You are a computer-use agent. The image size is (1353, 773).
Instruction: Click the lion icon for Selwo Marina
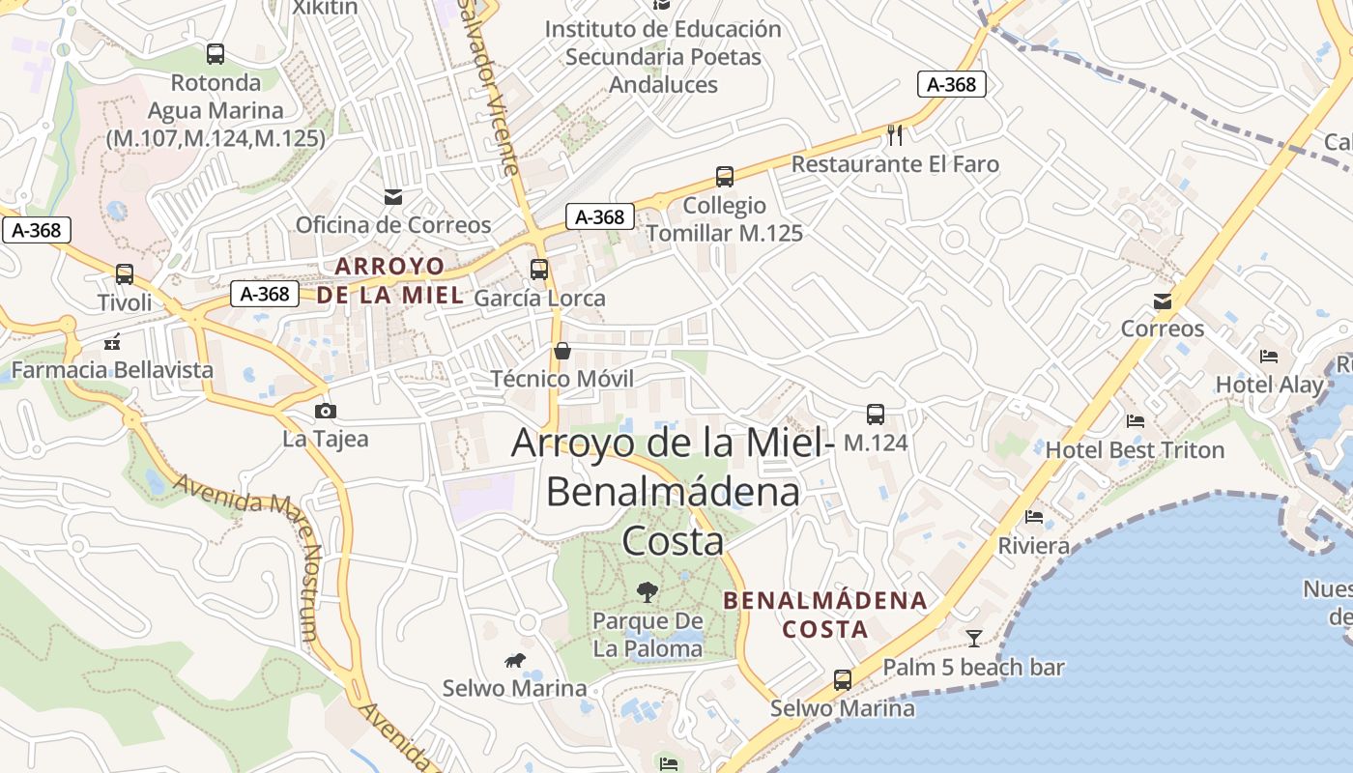[515, 661]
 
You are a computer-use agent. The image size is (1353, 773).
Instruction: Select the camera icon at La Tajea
[326, 411]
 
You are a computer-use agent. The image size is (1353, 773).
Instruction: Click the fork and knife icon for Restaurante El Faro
[895, 134]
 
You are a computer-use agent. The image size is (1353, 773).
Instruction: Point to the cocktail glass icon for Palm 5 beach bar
[974, 638]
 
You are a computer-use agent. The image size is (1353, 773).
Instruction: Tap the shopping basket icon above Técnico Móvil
[561, 350]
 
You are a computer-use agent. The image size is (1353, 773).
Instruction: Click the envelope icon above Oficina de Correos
[393, 197]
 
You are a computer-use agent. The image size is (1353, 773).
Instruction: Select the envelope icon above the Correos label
[1163, 301]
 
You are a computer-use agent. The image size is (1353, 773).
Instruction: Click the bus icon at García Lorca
[539, 270]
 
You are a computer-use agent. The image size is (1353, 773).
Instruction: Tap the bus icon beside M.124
[876, 415]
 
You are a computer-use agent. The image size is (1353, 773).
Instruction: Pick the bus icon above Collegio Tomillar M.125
[725, 177]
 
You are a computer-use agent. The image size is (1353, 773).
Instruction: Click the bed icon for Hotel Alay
[1269, 357]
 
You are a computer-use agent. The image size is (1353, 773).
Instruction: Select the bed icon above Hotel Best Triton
[1136, 421]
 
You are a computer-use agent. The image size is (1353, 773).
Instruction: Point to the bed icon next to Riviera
[1034, 517]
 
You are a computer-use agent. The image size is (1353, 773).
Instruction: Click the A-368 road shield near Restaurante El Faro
[952, 85]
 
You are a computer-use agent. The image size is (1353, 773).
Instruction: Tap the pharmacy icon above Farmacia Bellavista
[112, 342]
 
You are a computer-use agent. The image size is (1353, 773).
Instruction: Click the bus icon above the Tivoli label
[125, 274]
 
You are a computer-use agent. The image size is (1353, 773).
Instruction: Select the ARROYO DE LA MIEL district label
[390, 280]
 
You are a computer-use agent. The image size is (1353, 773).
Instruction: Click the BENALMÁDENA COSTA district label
[825, 615]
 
